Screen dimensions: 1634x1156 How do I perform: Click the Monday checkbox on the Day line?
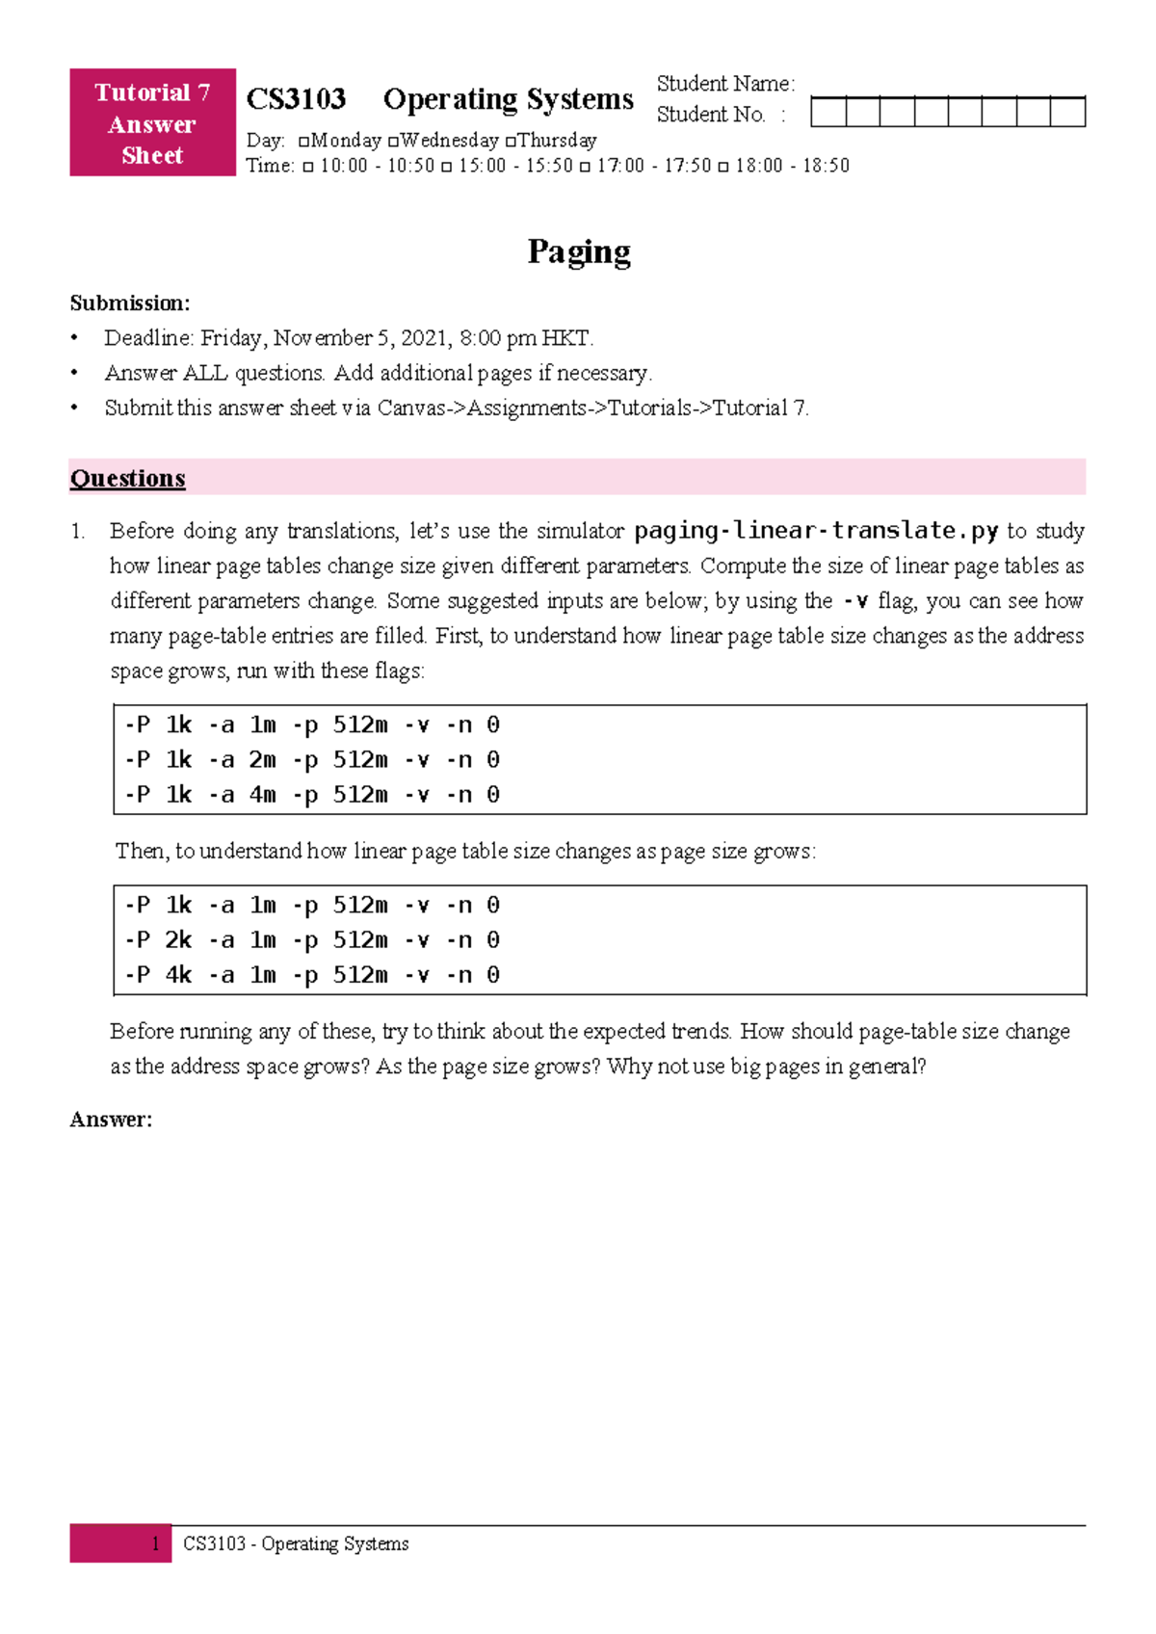[x=304, y=142]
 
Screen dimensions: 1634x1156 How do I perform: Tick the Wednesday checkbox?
[x=393, y=142]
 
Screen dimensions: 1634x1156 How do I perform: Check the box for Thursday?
[x=511, y=142]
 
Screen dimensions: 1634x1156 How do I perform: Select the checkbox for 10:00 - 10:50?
[x=308, y=167]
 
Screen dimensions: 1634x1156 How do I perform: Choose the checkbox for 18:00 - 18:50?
[x=723, y=167]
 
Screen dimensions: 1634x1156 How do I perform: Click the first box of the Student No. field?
[x=828, y=112]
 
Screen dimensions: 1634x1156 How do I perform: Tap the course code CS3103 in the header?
[x=296, y=99]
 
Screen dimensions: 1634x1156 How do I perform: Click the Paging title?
[x=578, y=251]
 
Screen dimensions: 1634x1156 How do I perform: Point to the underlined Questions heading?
[x=127, y=479]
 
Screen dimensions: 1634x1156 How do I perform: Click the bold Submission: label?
[x=129, y=303]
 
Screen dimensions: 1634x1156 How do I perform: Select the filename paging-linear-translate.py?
[x=816, y=531]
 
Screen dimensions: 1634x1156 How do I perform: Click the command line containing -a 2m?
[x=311, y=760]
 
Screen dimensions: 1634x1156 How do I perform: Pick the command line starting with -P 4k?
[x=311, y=975]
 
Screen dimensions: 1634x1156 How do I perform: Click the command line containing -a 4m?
[x=311, y=795]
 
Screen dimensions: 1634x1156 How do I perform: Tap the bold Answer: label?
[x=111, y=1120]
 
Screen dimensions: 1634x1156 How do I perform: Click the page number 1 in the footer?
[x=155, y=1543]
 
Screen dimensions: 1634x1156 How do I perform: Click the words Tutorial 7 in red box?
[x=151, y=92]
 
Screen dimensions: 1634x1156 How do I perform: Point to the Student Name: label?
[x=724, y=84]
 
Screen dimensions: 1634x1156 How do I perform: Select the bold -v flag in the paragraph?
[x=854, y=601]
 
